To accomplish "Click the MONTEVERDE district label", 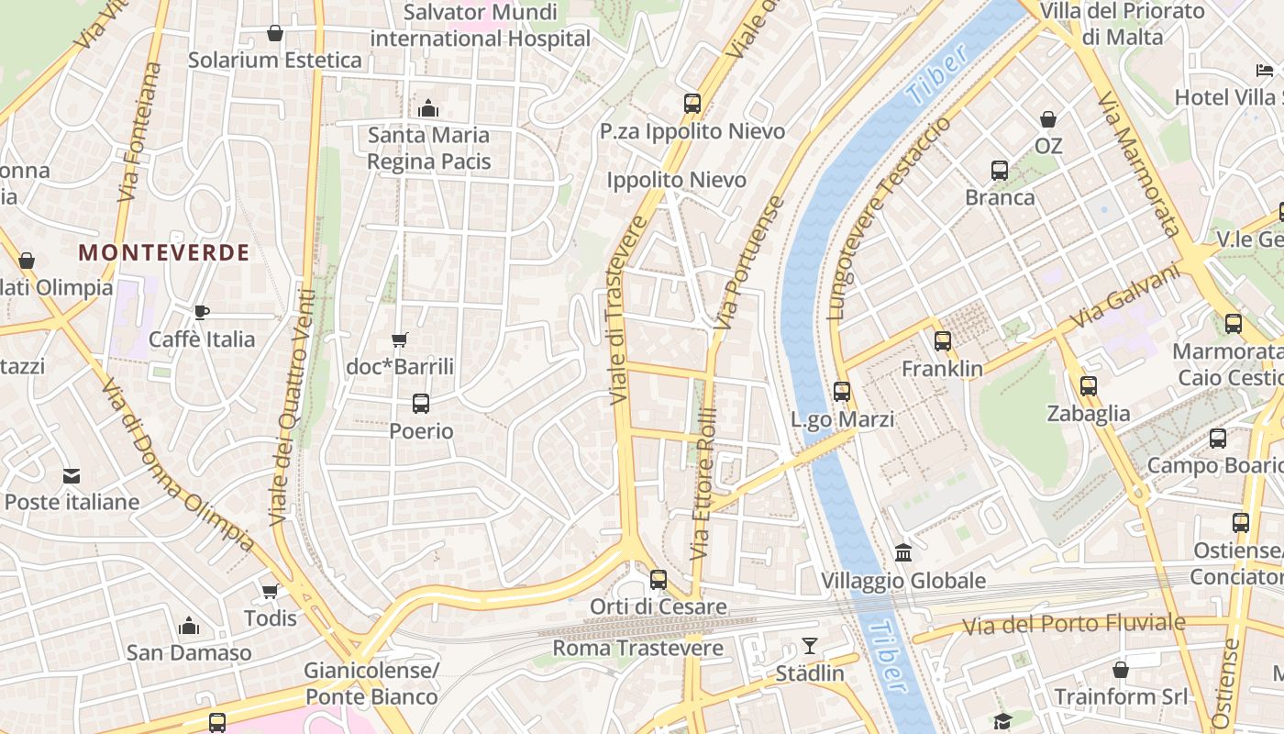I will point(163,253).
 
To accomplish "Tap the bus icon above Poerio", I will point(421,403).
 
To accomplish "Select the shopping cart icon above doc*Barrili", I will point(399,340).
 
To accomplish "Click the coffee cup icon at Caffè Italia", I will point(202,312).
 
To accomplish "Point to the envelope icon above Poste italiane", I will point(72,475).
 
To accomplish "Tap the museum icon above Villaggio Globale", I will point(903,553).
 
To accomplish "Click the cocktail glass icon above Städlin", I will point(810,646).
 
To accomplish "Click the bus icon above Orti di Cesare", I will point(658,579).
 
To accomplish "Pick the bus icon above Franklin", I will point(942,341).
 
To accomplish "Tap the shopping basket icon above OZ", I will point(1048,119).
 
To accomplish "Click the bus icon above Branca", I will point(1000,170).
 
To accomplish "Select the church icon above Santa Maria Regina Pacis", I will point(428,108).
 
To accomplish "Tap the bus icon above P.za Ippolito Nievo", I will point(692,104).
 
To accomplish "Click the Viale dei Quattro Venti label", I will point(293,408).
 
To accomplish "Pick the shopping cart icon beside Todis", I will point(270,591).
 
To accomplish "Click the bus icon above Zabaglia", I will point(1089,386).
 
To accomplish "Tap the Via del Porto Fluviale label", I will point(1074,625).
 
